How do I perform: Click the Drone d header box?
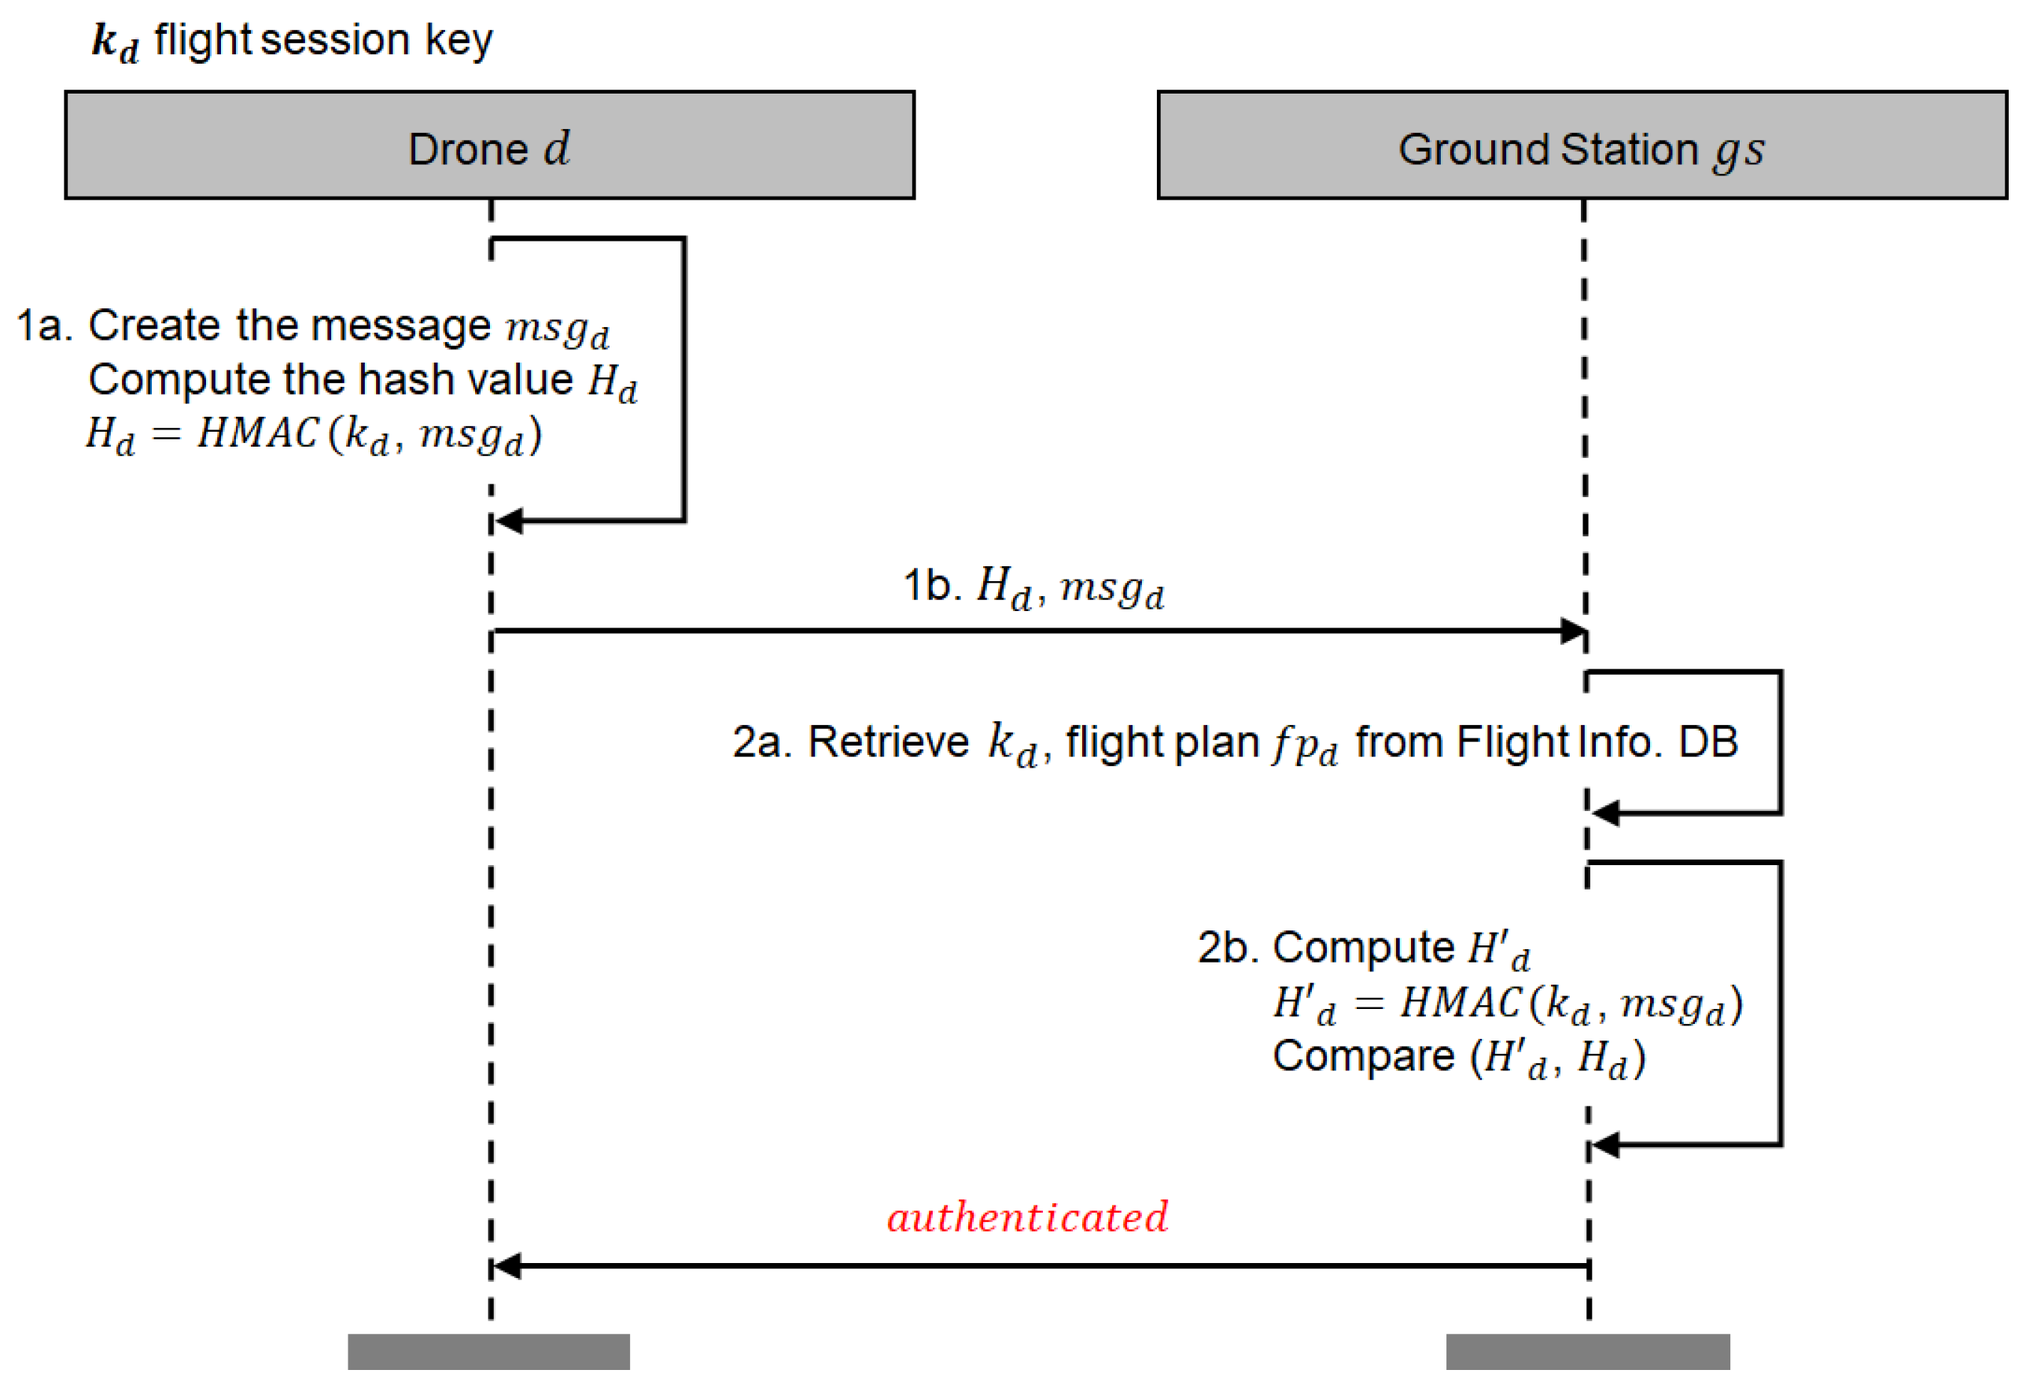tap(489, 145)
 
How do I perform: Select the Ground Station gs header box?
tap(1581, 145)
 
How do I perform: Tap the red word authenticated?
tap(1026, 1217)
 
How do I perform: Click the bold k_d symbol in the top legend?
tap(114, 42)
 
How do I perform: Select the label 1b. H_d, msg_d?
tap(1033, 586)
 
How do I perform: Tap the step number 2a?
tap(761, 742)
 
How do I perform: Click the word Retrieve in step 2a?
tap(887, 742)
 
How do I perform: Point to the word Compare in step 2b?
tap(1363, 1056)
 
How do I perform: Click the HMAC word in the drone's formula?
tap(257, 433)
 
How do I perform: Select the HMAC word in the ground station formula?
tap(1460, 1002)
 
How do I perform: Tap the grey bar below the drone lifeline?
tap(488, 1351)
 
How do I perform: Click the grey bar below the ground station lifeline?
tap(1587, 1351)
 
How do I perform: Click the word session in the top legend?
tap(335, 40)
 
